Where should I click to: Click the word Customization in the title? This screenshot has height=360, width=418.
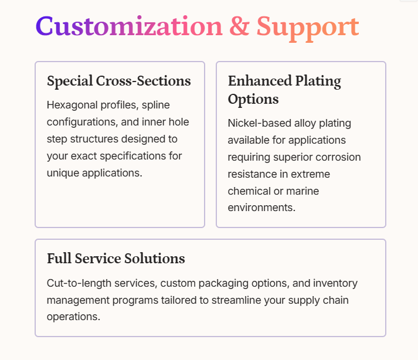tap(129, 27)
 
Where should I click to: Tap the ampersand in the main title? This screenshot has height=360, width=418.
tap(239, 27)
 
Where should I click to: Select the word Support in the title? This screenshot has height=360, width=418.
tap(307, 27)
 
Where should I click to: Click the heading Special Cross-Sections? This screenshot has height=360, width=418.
tap(118, 81)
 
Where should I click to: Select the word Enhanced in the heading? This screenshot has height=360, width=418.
tap(255, 81)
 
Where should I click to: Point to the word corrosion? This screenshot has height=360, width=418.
tap(339, 157)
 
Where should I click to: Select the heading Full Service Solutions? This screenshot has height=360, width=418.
tap(115, 258)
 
